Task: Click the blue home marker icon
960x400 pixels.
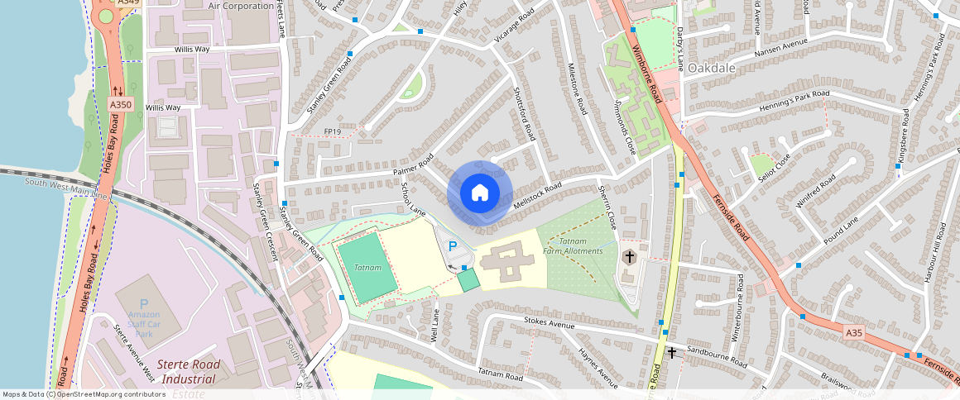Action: point(479,193)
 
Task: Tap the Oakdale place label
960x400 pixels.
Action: point(712,68)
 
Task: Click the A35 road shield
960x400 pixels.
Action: point(854,332)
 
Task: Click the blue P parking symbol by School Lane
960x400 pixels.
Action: point(452,245)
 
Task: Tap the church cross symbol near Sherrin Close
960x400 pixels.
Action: point(629,257)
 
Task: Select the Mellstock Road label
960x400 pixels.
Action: point(537,195)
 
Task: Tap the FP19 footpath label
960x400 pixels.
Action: point(333,131)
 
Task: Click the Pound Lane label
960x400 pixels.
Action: point(842,229)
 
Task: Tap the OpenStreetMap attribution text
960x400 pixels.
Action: point(83,394)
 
